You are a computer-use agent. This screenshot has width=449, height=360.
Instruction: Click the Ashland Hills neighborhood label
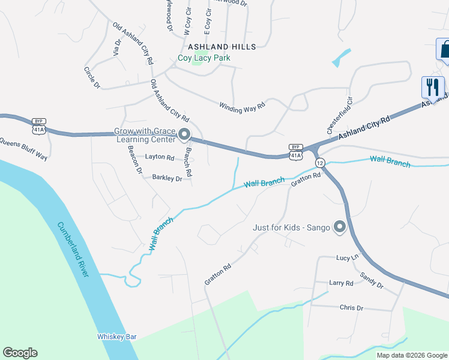click(222, 46)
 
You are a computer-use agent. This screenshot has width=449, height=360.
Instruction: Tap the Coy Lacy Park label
click(204, 58)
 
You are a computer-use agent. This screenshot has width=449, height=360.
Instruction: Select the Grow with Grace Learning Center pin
click(184, 134)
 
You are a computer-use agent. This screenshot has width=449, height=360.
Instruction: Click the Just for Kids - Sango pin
click(340, 227)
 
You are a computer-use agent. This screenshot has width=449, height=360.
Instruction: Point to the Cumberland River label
click(73, 250)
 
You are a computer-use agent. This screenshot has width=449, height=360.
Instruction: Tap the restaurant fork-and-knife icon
click(432, 88)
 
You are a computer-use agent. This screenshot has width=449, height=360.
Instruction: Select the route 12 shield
click(320, 163)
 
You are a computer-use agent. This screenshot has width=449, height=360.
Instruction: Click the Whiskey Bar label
click(117, 337)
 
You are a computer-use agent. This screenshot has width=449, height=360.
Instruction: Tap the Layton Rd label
click(160, 157)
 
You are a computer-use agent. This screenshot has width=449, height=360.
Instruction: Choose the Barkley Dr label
click(167, 178)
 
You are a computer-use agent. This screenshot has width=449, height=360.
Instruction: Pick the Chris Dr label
click(351, 308)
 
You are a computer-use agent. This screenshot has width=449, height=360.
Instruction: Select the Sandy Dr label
click(372, 280)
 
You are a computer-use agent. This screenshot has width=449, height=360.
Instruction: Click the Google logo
click(20, 353)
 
